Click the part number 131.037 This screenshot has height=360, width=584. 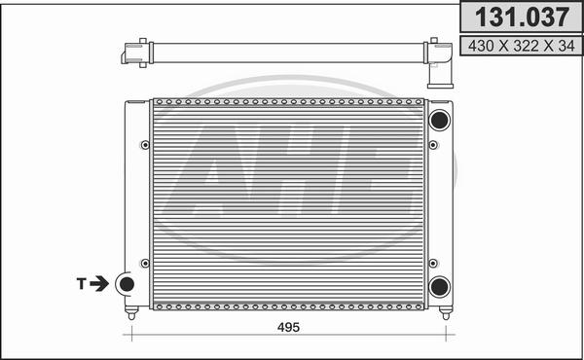522,18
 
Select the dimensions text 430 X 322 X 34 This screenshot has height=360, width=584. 522,46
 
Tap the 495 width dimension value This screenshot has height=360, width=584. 288,327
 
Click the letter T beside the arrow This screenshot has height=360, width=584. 81,284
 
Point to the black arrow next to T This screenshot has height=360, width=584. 99,284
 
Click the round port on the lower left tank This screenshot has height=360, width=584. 127,284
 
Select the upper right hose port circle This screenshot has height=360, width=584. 440,120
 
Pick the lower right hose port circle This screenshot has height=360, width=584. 440,287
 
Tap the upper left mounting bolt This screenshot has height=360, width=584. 145,145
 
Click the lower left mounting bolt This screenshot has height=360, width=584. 145,264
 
